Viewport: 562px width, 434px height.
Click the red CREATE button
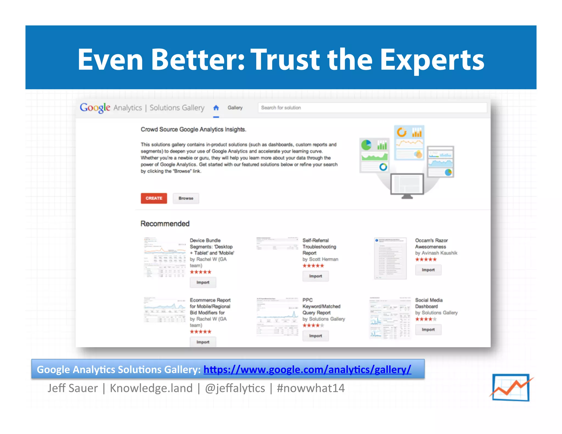coord(154,198)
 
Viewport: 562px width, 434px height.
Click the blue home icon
coord(216,108)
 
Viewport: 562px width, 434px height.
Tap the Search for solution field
coord(372,108)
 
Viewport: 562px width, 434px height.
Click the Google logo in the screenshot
coord(95,108)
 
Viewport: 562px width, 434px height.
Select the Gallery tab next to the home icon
coord(235,108)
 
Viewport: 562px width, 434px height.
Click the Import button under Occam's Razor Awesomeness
coord(428,270)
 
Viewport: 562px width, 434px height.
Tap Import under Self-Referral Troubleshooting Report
coord(315,276)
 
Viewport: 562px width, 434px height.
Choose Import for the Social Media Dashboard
coord(428,329)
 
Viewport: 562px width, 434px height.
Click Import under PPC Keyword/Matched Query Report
coord(315,336)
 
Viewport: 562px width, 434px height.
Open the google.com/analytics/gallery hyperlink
coord(307,370)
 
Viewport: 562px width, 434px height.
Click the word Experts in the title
coord(432,60)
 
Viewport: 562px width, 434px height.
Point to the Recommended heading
coord(165,224)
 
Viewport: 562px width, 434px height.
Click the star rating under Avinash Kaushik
coord(426,260)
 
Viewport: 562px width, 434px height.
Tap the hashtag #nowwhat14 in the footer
coord(311,388)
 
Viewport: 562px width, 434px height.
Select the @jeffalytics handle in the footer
coord(235,388)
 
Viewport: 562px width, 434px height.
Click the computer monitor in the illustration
coord(407,185)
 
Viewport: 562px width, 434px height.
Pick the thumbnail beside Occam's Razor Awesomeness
coord(390,258)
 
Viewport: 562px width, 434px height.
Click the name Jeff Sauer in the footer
coord(72,388)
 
